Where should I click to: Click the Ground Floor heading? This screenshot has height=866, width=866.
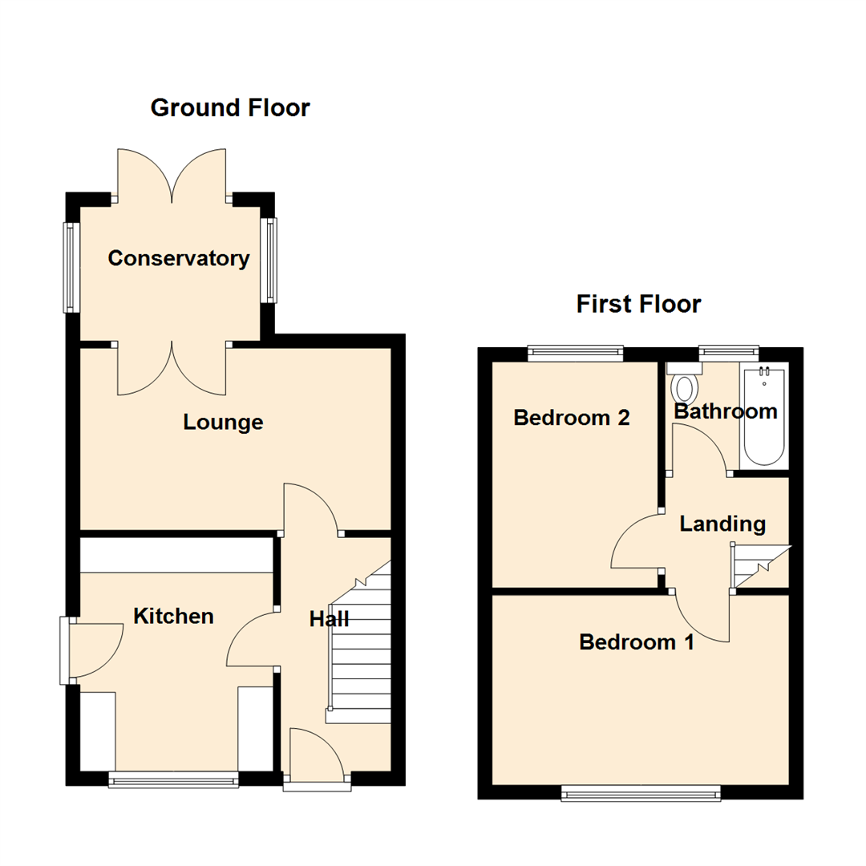[230, 107]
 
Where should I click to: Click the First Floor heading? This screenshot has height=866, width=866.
[638, 304]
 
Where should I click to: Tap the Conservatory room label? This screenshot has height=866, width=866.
[179, 259]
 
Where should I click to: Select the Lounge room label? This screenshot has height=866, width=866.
[223, 422]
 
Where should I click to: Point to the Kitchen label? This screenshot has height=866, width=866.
[173, 616]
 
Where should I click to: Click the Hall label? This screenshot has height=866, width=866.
[330, 619]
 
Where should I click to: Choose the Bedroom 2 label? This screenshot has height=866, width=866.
[571, 418]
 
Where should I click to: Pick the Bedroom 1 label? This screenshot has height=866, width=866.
[637, 642]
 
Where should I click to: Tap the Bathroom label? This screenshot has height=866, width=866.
[725, 411]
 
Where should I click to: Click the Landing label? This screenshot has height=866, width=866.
[722, 524]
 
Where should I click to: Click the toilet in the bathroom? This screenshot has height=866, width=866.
[684, 385]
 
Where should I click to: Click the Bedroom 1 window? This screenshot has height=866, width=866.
[641, 793]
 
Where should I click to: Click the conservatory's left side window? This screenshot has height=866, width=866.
[71, 266]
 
